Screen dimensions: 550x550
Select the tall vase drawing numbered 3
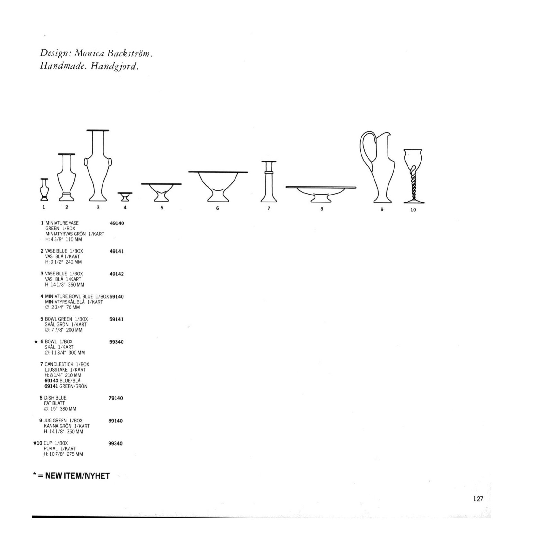point(98,168)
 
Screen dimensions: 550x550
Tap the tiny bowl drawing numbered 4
point(125,196)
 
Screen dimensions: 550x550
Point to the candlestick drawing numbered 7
point(269,182)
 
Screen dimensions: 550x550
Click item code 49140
point(117,223)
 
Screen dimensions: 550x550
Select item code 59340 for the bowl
point(116,342)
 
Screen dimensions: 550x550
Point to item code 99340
point(115,444)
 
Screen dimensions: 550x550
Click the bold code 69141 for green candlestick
point(51,386)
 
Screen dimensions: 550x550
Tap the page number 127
point(478,499)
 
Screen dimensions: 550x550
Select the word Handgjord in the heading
point(114,66)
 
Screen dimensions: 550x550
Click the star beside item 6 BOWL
point(36,342)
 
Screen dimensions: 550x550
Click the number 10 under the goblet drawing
point(413,210)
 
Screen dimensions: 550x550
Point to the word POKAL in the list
point(51,449)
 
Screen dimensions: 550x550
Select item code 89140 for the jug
point(115,421)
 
